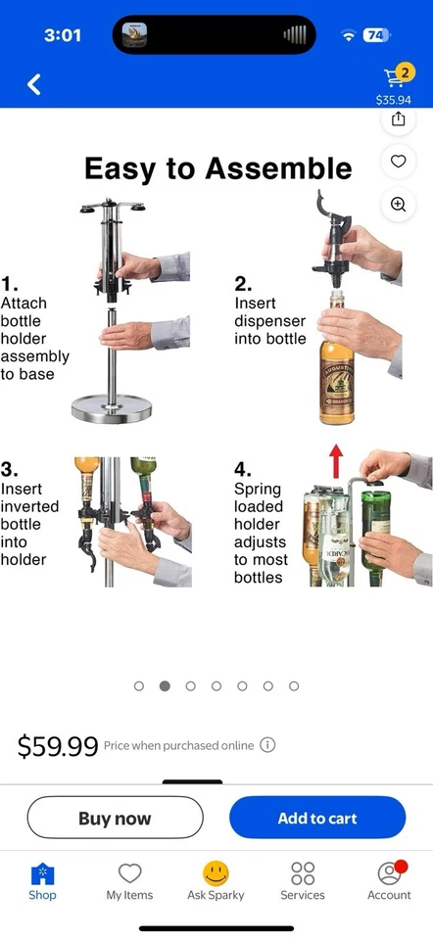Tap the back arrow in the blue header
tap(34, 84)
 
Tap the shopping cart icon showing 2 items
tap(395, 77)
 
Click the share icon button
tap(398, 118)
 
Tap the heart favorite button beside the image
tap(398, 162)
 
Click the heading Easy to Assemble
tap(217, 168)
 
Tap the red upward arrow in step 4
tap(336, 458)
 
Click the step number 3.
tap(9, 469)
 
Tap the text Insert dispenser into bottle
tap(269, 321)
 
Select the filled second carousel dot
tap(165, 686)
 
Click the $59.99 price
tap(58, 747)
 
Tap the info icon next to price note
tap(267, 745)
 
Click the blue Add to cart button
tap(317, 818)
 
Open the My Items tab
tap(129, 880)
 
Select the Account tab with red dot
tap(389, 880)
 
